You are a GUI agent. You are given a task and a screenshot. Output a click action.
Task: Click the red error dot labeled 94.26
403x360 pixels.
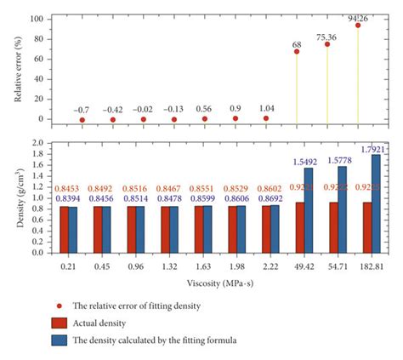coord(358,26)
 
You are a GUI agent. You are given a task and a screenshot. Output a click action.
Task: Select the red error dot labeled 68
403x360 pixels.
coord(297,51)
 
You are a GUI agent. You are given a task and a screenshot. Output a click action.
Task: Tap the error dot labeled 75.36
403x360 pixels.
coord(327,44)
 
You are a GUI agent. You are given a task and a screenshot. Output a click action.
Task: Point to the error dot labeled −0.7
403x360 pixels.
coord(82,120)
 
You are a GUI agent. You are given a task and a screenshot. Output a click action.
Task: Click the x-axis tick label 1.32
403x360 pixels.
coord(173,266)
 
